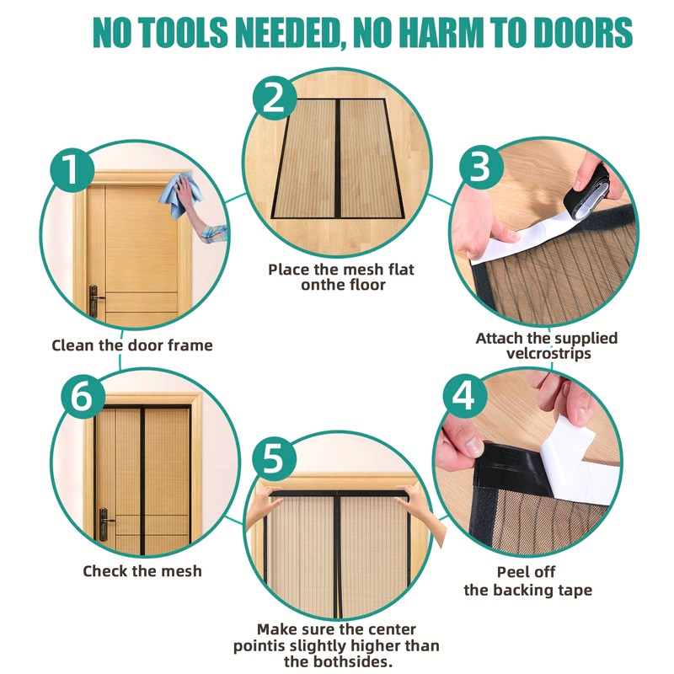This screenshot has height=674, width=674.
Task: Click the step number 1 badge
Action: tap(72, 171)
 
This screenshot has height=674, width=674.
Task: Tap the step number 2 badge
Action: tap(275, 99)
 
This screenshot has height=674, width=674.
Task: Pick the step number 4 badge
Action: tap(465, 395)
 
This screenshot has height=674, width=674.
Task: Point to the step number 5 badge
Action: tap(274, 458)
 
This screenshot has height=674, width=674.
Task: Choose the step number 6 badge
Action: tap(83, 397)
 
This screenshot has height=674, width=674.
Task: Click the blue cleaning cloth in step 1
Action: tap(181, 195)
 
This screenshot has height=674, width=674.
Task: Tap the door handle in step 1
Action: tap(95, 301)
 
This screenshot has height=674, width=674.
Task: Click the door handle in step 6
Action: tap(105, 524)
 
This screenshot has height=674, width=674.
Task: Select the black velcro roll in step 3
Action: tap(592, 189)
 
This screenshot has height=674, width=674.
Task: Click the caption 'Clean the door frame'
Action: tap(132, 345)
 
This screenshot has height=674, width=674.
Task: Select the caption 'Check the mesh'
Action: tap(142, 571)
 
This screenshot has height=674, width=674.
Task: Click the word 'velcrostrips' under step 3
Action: tap(548, 353)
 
